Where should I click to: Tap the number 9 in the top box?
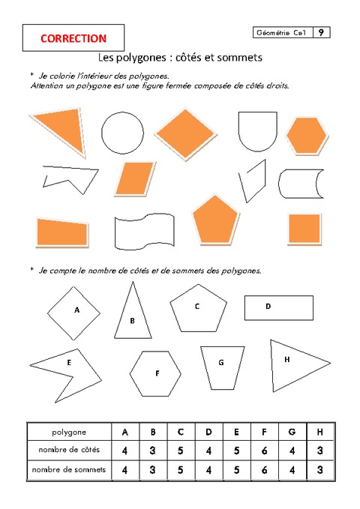321,32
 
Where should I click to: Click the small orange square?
304,228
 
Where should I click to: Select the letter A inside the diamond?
76,309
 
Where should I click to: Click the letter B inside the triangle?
132,321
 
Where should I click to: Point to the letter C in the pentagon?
196,306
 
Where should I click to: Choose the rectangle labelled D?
277,307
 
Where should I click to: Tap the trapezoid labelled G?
222,366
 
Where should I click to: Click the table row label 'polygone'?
68,432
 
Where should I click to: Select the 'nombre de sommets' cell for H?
319,470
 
